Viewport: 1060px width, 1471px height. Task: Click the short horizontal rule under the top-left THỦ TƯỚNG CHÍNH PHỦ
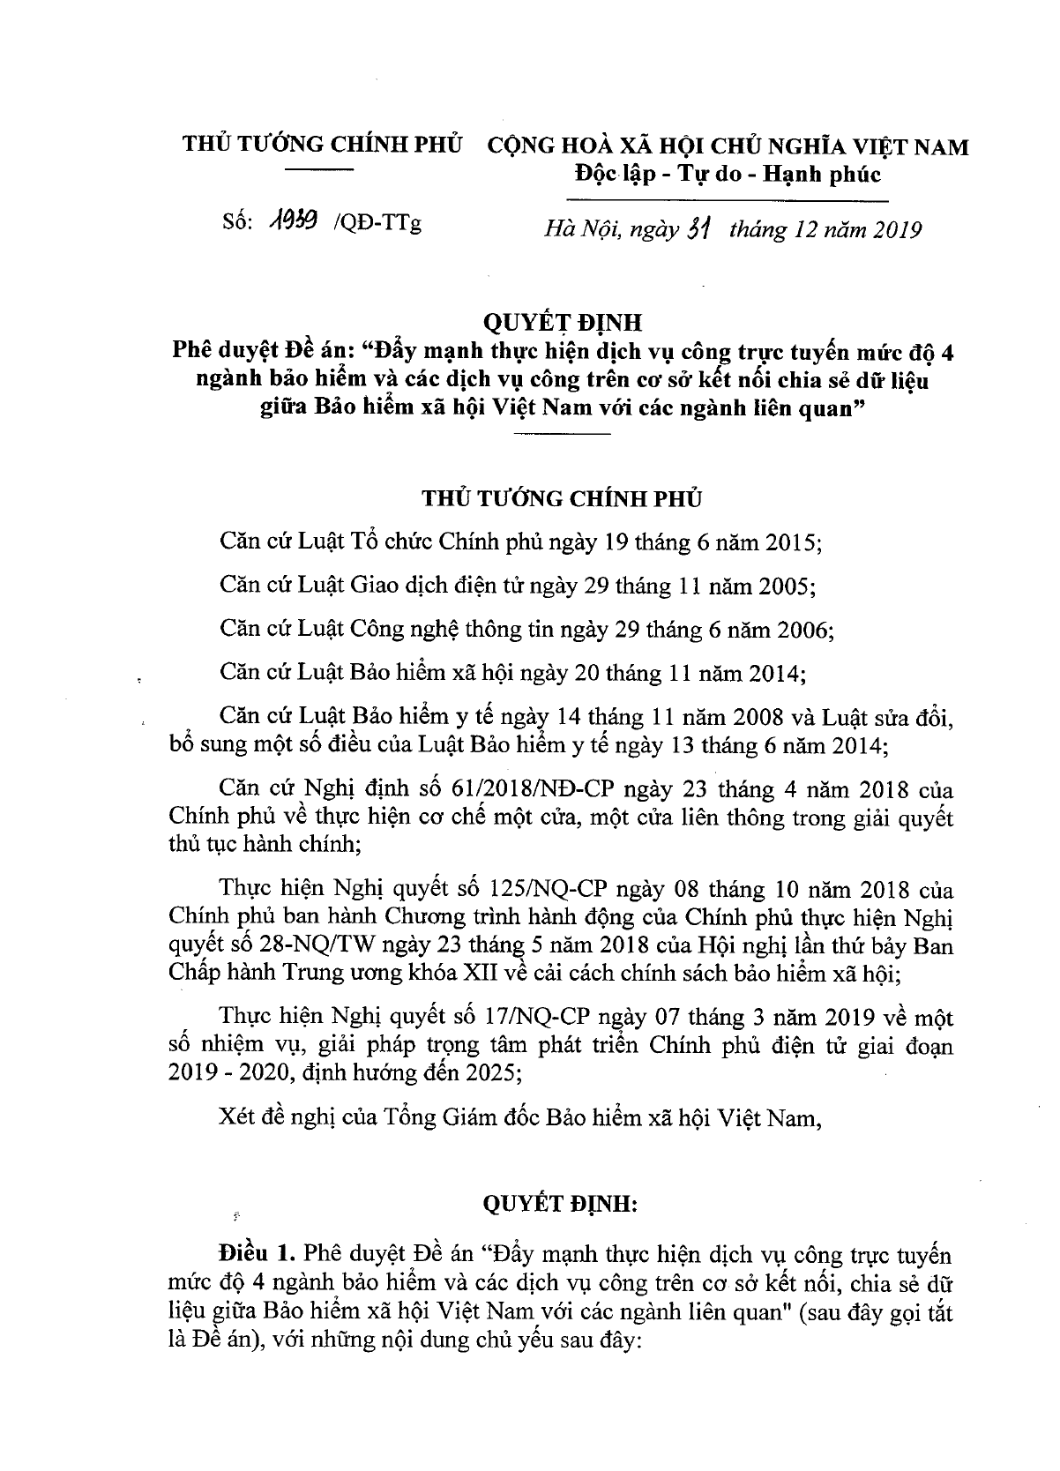point(321,168)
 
